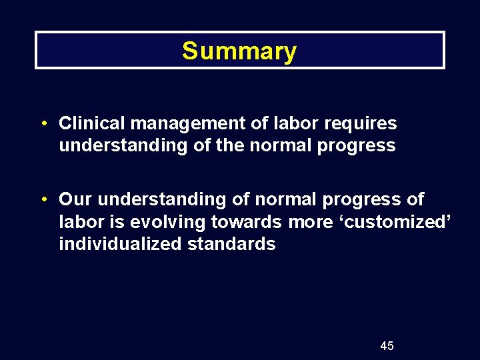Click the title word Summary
point(239,51)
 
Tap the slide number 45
point(387,345)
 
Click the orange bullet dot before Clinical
point(42,124)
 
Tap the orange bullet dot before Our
point(42,200)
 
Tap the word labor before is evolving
point(79,221)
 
